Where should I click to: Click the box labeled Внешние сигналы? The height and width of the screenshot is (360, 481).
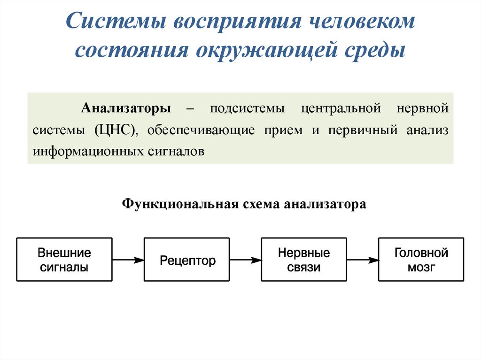pos(64,260)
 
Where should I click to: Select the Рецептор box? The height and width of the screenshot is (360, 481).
pos(187,260)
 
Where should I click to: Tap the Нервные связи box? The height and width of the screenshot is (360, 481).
pos(304,260)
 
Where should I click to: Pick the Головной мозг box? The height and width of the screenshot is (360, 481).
pos(421,260)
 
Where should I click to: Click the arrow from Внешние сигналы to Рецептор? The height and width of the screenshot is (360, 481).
pos(128,260)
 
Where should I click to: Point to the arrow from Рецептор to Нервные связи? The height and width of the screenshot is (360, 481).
pos(245,260)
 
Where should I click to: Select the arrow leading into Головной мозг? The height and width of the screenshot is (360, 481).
pos(363,260)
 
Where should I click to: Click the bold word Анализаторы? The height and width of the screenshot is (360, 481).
pos(126,108)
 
